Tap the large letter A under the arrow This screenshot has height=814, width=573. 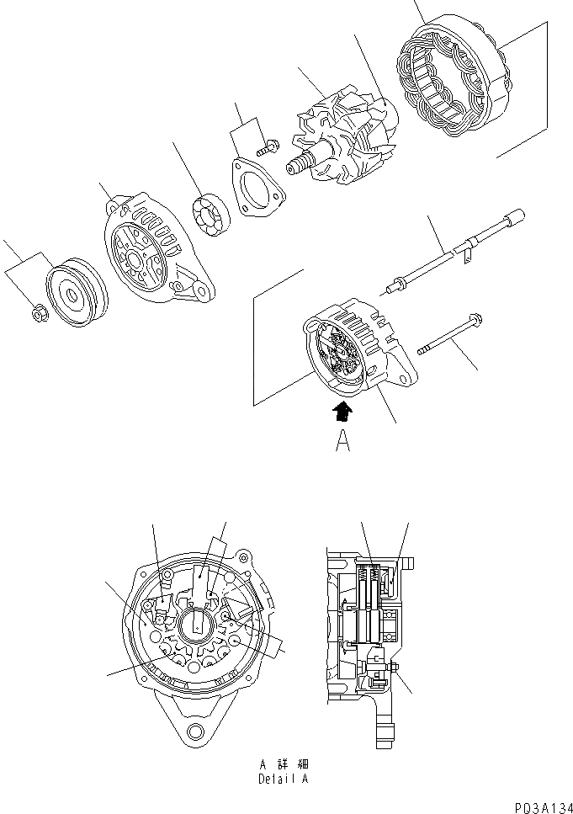pos(342,441)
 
